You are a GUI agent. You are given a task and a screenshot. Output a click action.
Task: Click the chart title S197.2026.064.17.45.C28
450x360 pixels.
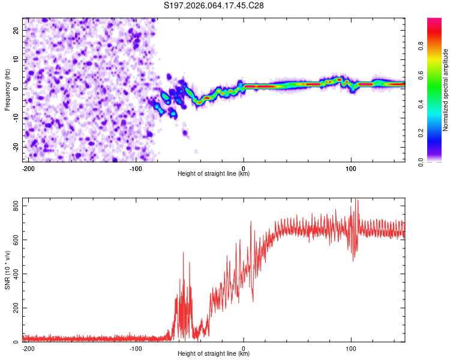[214, 5]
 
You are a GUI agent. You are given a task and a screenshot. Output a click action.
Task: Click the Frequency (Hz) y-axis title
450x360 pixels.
[8, 89]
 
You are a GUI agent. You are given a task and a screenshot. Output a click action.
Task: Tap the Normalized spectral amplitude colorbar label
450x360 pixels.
[446, 89]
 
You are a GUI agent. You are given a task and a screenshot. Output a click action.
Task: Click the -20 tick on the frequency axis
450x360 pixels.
[15, 148]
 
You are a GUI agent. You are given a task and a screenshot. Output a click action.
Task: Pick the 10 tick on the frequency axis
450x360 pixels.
[16, 59]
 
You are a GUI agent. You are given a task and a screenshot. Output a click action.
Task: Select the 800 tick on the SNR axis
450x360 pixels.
[13, 206]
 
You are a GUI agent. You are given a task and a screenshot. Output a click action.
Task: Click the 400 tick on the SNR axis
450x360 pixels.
[13, 274]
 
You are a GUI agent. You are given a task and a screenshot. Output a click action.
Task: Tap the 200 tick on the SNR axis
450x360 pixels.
[13, 308]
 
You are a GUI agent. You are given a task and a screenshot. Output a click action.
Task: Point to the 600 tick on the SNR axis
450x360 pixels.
[13, 240]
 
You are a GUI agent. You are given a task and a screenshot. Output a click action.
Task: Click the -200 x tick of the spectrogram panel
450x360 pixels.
[27, 168]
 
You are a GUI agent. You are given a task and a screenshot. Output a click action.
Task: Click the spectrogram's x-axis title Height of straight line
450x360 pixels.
[214, 175]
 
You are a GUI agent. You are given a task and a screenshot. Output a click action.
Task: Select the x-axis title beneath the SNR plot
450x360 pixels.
[214, 355]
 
